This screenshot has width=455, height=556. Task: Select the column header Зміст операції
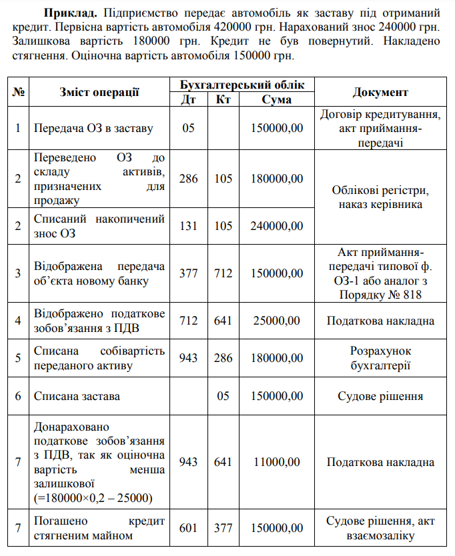[99, 92]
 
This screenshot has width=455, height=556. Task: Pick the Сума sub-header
[276, 99]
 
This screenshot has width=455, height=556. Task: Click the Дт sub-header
[189, 99]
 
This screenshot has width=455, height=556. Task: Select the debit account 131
[189, 226]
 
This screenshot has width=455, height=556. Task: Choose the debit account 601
[189, 527]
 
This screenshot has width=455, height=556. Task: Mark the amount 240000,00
[276, 226]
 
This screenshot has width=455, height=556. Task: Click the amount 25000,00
[276, 321]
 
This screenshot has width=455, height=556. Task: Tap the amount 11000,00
[276, 462]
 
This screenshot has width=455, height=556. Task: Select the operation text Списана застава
[77, 396]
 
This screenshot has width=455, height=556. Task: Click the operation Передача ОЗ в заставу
[93, 127]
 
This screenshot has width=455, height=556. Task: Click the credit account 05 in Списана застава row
[223, 396]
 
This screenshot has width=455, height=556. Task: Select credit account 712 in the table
[223, 273]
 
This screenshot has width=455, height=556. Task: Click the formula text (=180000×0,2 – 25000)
[93, 498]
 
